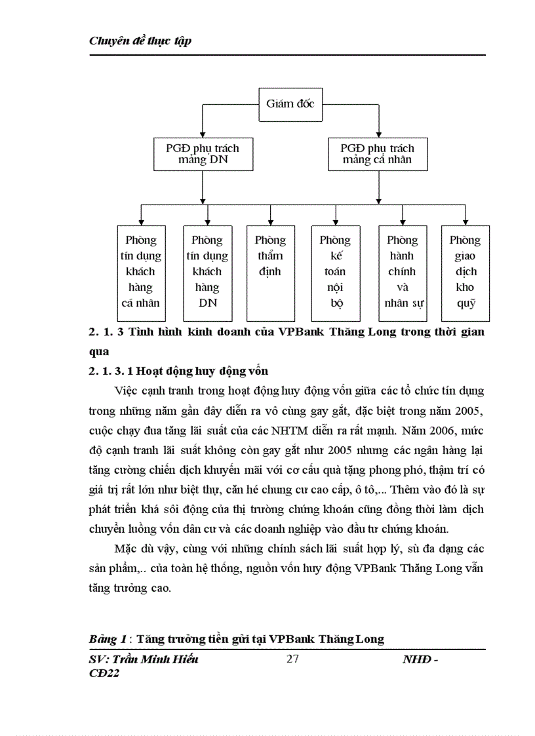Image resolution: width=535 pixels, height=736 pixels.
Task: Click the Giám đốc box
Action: [x=290, y=104]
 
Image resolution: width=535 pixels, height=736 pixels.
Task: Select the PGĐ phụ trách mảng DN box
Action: [x=203, y=154]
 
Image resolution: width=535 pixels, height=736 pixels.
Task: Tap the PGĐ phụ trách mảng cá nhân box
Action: [x=376, y=154]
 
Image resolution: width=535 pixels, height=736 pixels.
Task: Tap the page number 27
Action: [x=292, y=659]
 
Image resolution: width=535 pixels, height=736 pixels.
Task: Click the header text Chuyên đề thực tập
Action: [x=140, y=41]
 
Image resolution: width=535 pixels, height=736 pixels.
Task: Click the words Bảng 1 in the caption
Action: [x=106, y=638]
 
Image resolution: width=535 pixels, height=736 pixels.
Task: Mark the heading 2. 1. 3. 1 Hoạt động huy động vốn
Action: [x=178, y=371]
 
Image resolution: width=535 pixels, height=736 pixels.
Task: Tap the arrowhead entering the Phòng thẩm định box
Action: [x=270, y=221]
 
